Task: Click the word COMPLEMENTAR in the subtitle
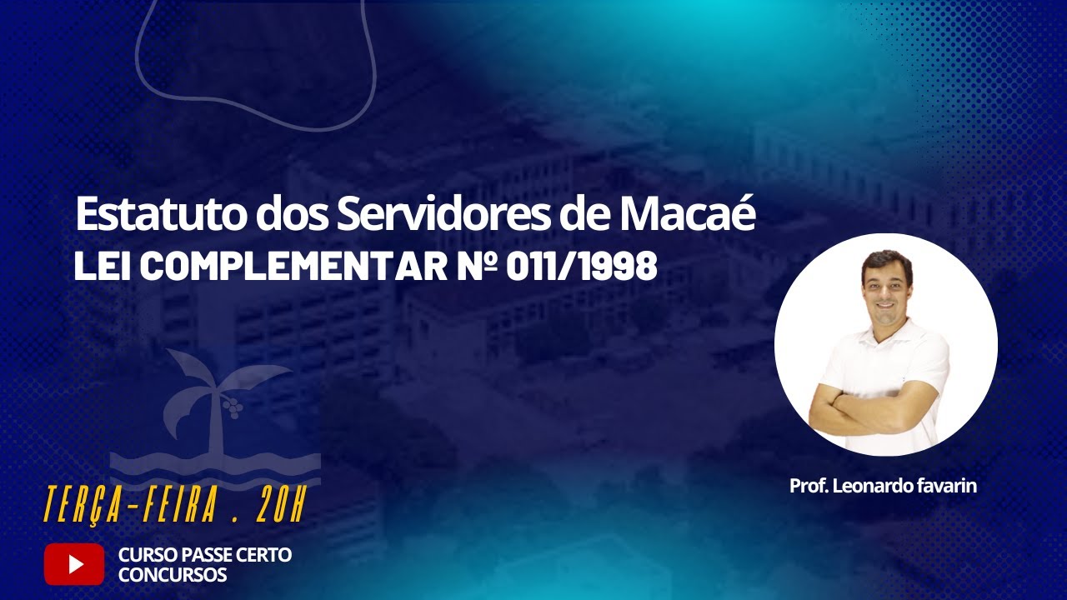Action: [x=296, y=267]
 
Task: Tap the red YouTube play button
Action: [x=74, y=564]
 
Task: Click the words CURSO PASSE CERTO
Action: [x=205, y=555]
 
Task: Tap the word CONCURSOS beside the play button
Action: [x=173, y=575]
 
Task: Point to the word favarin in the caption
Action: [x=947, y=486]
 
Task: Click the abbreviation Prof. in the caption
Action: [x=807, y=486]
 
